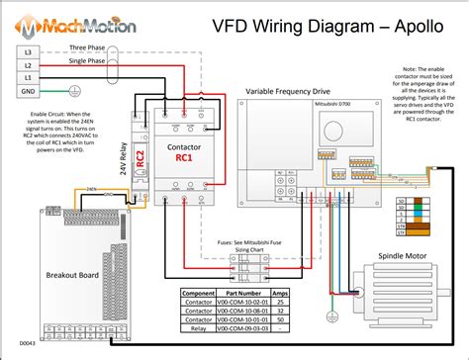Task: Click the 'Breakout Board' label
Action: click(x=47, y=274)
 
